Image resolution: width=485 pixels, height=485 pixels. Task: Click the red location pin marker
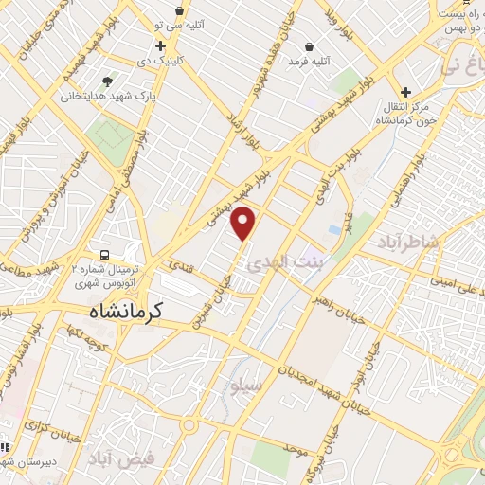[x=244, y=224]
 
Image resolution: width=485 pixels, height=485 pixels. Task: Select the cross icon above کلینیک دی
[x=160, y=45]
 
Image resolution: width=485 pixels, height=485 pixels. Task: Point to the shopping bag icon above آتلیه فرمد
[x=309, y=45]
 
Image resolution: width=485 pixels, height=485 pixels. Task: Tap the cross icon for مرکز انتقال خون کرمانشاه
[x=405, y=92]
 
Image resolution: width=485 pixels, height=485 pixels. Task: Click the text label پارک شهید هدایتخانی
[x=108, y=96]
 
